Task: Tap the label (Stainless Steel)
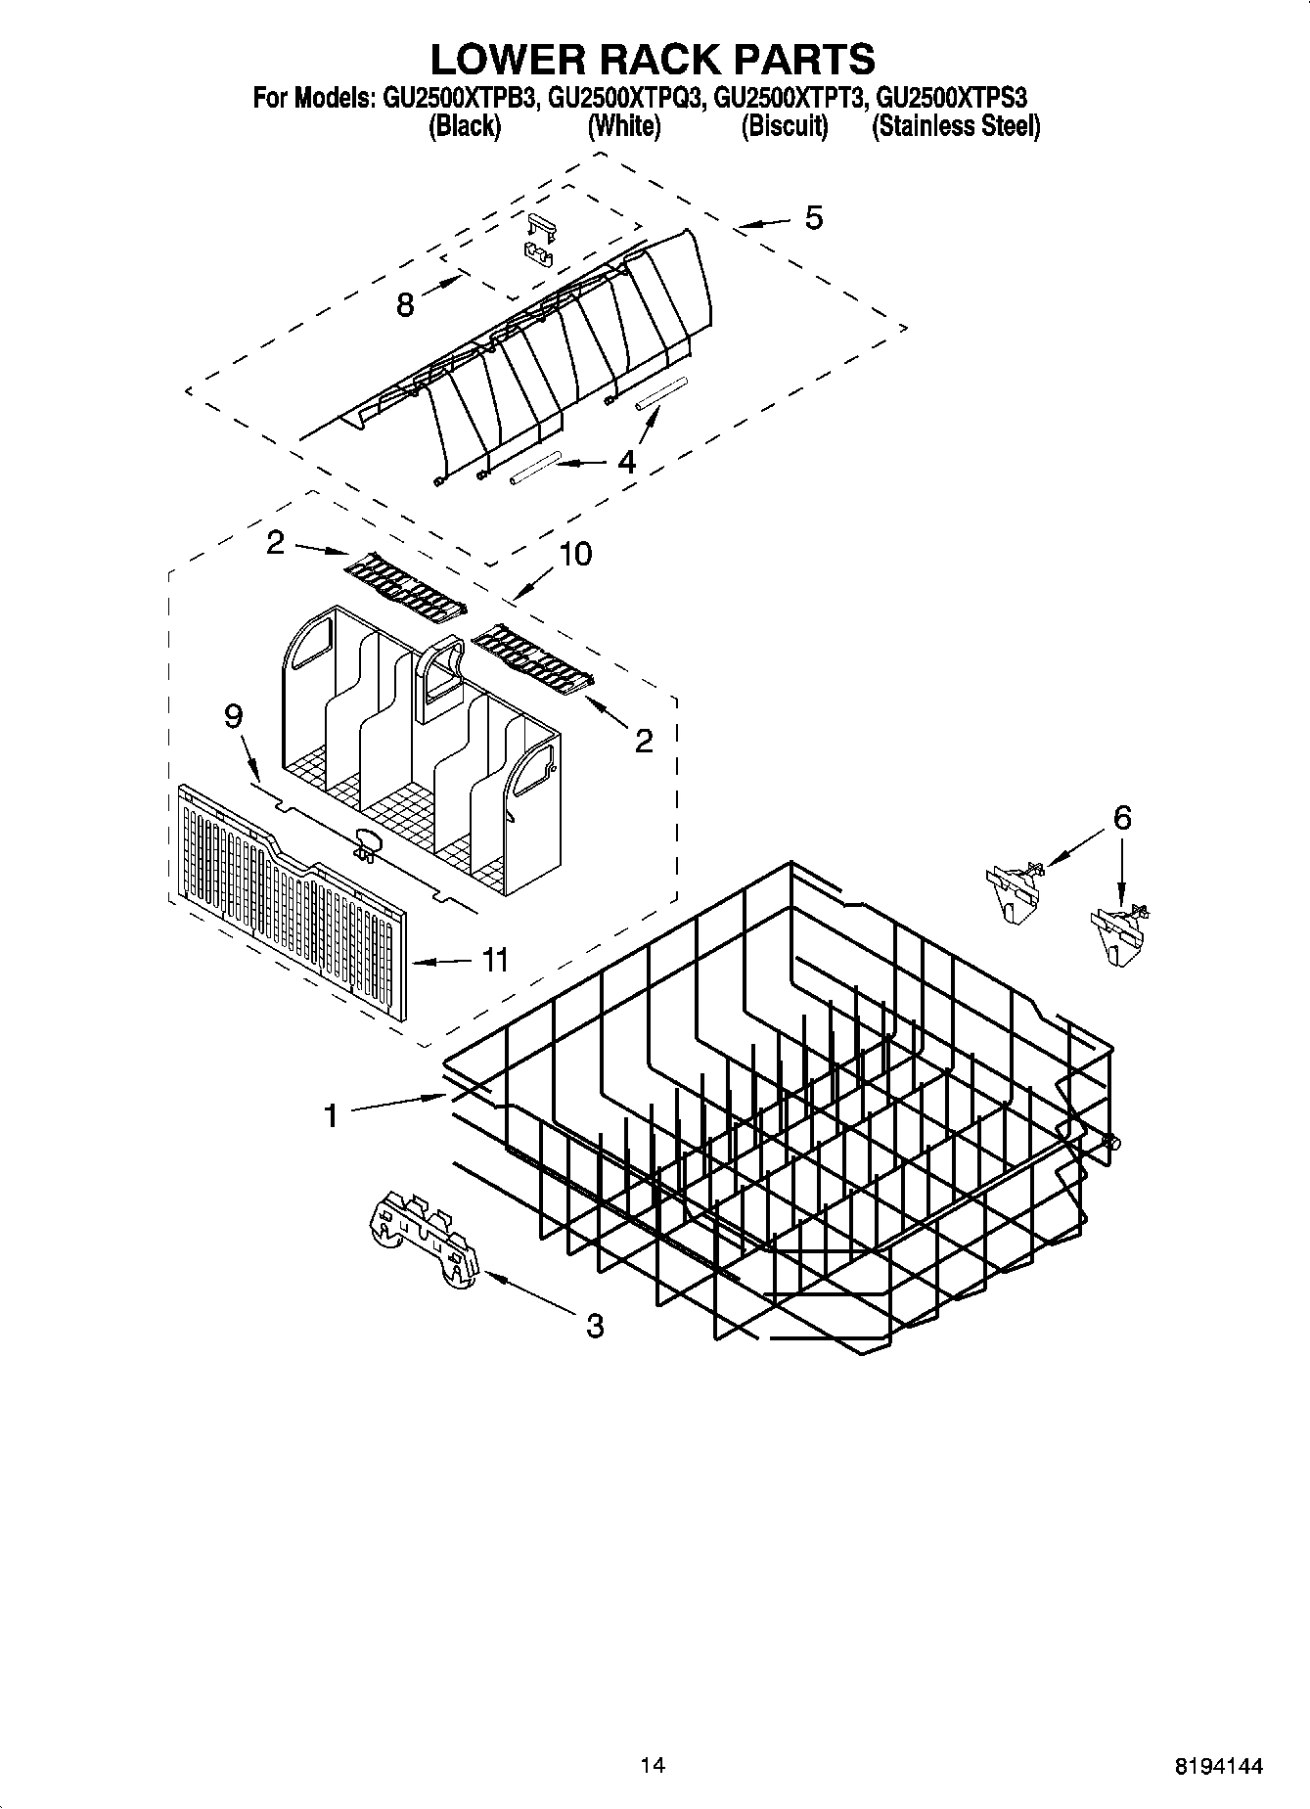tap(956, 127)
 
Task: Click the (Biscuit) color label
tap(785, 127)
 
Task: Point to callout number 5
tap(813, 217)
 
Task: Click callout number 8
tap(405, 304)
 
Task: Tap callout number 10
tap(575, 554)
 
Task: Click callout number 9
tap(233, 716)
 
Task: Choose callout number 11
tap(495, 960)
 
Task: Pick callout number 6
tap(1122, 817)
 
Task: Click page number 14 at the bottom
tap(653, 1766)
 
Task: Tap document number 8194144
tap(1218, 1767)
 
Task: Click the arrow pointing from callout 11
tap(440, 963)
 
